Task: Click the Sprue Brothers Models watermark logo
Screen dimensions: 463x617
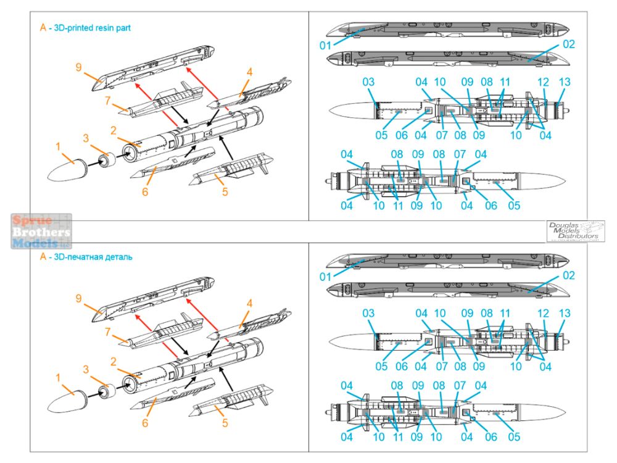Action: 41,231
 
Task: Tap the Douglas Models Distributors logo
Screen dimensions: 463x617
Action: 575,231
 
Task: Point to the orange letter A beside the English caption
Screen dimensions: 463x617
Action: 43,28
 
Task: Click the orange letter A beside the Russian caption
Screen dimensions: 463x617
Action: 43,257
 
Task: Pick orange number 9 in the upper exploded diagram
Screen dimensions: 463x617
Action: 78,67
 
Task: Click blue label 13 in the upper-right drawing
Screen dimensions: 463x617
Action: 564,83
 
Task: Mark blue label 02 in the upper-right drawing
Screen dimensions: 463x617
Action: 568,44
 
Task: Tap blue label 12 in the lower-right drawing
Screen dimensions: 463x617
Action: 543,312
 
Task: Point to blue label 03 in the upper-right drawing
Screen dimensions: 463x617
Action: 368,83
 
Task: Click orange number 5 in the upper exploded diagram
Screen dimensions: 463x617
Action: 225,191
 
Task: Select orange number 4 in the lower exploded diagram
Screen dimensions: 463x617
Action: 249,304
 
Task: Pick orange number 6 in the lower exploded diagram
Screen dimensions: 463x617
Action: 146,423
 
